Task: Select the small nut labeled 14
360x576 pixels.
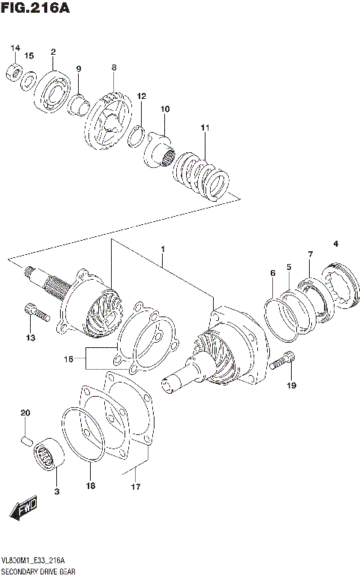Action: click(x=13, y=72)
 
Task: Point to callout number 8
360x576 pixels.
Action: click(x=114, y=67)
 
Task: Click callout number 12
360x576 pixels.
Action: click(x=141, y=96)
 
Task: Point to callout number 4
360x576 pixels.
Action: click(x=336, y=244)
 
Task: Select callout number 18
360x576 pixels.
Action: click(x=89, y=487)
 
